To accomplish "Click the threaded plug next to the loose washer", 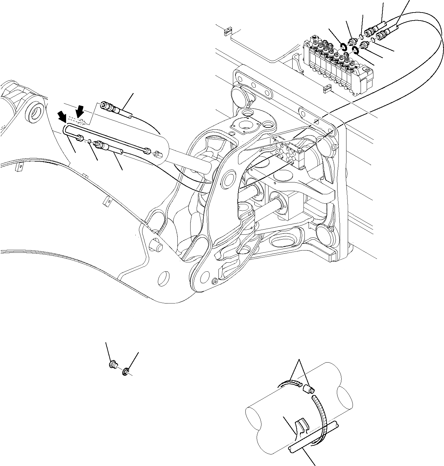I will (112, 365).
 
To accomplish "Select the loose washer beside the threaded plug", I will (125, 372).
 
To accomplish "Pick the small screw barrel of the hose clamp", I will (309, 390).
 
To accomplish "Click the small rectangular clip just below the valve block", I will (327, 87).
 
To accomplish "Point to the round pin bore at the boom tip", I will (36, 112).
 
